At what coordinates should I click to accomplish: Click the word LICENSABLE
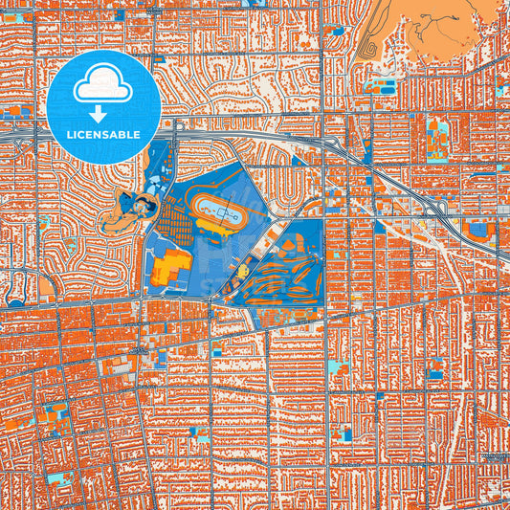(x=103, y=135)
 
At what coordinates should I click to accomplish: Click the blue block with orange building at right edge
(x=479, y=231)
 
